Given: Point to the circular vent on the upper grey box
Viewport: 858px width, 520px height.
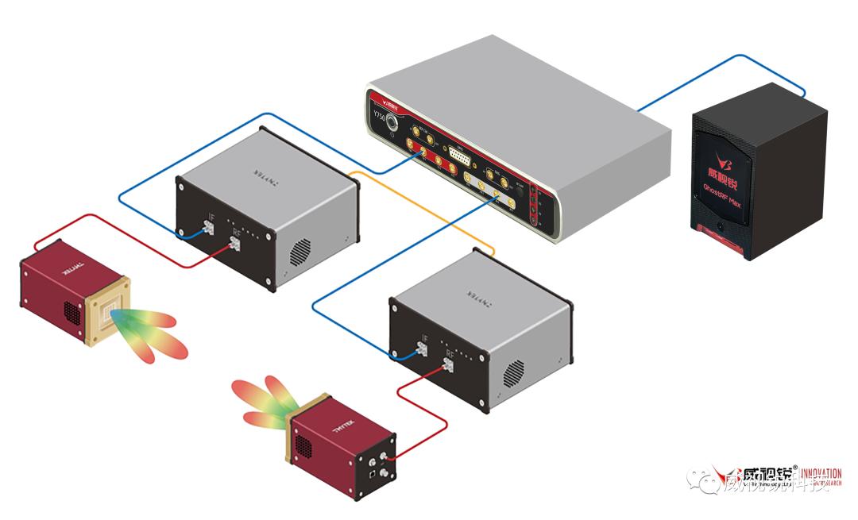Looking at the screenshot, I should pos(301,251).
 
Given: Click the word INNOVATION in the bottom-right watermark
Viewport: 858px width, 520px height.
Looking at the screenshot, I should pos(821,474).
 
